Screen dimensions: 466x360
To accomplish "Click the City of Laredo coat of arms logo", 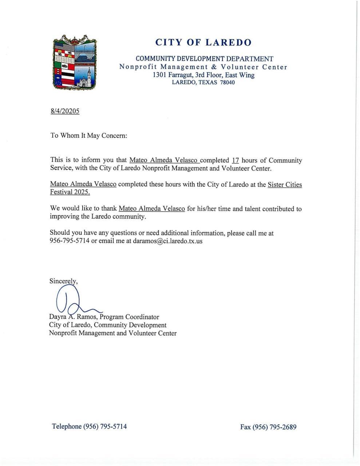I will pyautogui.click(x=75, y=62).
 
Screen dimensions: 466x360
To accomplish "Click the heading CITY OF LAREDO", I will pyautogui.click(x=203, y=43).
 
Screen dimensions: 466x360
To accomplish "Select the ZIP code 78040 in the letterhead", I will pyautogui.click(x=228, y=83).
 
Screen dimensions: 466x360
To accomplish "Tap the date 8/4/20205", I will pyautogui.click(x=65, y=111).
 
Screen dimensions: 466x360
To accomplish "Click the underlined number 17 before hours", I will pyautogui.click(x=235, y=161).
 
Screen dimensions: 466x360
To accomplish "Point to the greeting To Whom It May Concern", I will pyautogui.click(x=88, y=136).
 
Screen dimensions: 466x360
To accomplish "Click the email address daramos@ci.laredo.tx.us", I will pyautogui.click(x=167, y=241).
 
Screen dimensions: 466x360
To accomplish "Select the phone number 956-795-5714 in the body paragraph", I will pyautogui.click(x=70, y=241).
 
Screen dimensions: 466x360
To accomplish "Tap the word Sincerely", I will pyautogui.click(x=63, y=281).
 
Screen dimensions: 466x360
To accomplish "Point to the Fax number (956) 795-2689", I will pyautogui.click(x=268, y=427).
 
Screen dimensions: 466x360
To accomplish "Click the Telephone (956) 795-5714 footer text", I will pyautogui.click(x=89, y=426).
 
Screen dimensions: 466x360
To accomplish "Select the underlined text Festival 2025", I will pyautogui.click(x=70, y=192).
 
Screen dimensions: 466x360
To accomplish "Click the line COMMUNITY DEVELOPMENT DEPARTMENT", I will pyautogui.click(x=204, y=59).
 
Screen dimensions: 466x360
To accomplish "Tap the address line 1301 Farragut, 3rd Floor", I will pyautogui.click(x=203, y=75).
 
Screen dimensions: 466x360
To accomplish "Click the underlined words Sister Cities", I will pyautogui.click(x=285, y=185).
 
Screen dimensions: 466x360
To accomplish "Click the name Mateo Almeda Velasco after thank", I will pyautogui.click(x=151, y=209).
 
